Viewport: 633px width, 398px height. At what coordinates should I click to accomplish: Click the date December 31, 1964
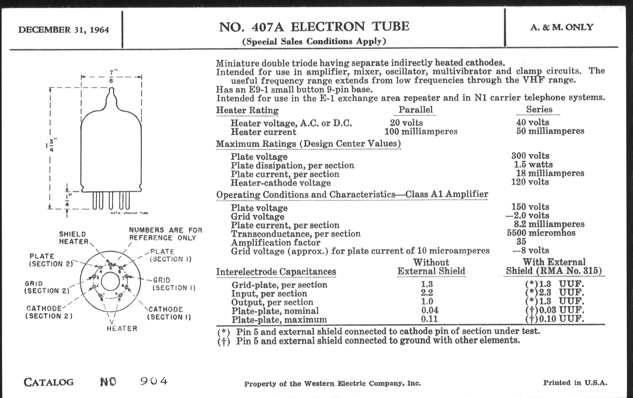coord(64,30)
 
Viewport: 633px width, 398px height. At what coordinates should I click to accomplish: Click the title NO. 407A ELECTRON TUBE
coord(314,27)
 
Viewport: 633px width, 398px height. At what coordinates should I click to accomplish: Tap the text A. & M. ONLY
coord(561,27)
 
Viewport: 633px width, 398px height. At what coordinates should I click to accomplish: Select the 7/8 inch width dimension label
coord(111,76)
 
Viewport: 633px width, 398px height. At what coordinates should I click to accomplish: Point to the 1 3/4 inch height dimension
coord(51,145)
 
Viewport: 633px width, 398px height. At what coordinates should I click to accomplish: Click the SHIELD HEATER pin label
coord(73,238)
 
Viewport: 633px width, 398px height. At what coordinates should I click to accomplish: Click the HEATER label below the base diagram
coord(122,328)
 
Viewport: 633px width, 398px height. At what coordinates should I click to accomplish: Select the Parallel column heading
coord(415,110)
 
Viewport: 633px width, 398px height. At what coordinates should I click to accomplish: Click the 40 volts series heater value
coord(533,122)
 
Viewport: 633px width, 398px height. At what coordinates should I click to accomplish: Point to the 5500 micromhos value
coord(541,233)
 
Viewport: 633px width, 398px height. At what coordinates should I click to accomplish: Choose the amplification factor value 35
coord(521,241)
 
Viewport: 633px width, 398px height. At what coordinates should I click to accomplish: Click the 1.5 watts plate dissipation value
coord(533,164)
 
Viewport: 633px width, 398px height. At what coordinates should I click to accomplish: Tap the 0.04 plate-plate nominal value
coord(429,310)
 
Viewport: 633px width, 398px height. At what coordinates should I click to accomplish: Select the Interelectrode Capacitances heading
coord(276,271)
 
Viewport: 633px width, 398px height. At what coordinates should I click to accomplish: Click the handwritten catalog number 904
coord(154,381)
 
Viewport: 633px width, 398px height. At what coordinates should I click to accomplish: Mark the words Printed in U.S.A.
coord(575,382)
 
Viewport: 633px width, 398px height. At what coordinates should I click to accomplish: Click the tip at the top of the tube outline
coord(111,89)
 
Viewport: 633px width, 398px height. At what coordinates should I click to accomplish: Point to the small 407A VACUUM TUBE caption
coord(129,213)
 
